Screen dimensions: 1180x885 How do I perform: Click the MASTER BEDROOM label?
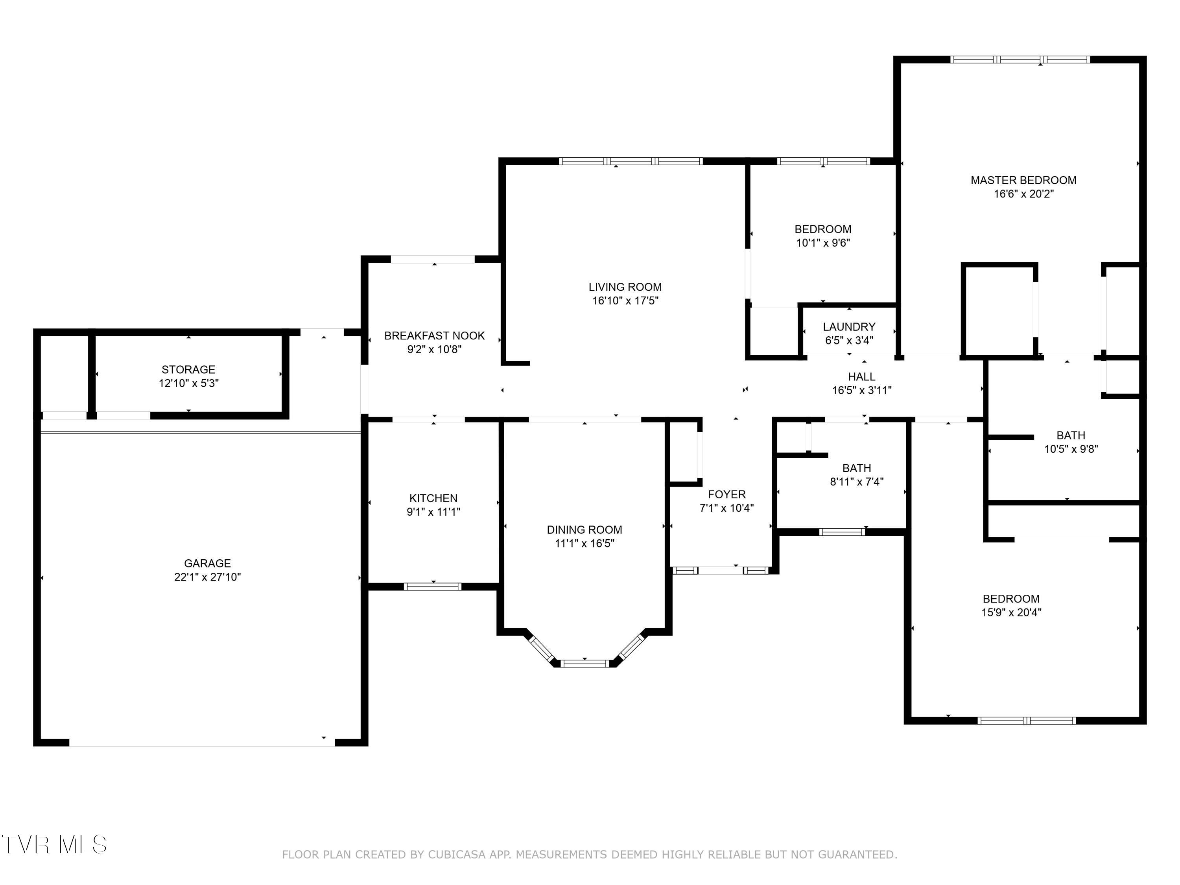point(1023,180)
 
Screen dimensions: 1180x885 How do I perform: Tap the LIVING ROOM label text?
point(625,287)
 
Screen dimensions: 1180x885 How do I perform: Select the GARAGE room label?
point(208,563)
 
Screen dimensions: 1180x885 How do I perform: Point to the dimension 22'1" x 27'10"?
point(208,577)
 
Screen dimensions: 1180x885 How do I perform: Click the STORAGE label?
point(188,370)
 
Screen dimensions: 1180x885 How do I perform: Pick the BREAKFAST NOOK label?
point(434,336)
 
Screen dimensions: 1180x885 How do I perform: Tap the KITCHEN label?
point(433,498)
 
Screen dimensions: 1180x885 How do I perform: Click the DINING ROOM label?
point(584,530)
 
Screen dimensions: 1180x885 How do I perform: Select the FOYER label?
point(726,494)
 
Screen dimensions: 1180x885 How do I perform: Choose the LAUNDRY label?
point(849,327)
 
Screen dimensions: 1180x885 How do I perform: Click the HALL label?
point(861,377)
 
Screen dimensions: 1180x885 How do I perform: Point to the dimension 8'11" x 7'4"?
point(857,482)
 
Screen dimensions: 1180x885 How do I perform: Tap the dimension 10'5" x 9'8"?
point(1071,449)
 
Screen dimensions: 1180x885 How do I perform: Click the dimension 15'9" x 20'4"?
point(1011,612)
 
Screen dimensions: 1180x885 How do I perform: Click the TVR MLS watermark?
point(54,844)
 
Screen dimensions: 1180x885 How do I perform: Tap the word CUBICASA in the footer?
point(457,855)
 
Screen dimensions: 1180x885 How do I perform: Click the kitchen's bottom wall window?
point(433,587)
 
